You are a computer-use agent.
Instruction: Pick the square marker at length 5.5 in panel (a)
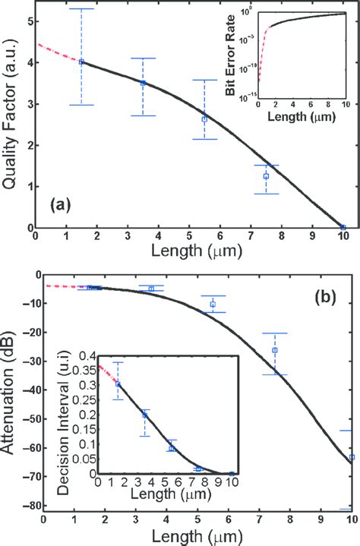[x=204, y=118]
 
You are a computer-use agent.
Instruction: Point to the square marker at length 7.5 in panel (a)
[x=266, y=176]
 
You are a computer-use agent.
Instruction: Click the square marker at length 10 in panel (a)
[x=343, y=227]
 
